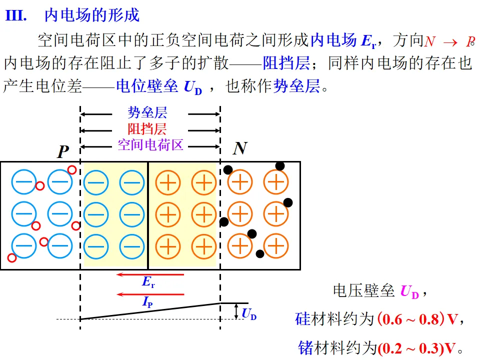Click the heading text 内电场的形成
(92, 15)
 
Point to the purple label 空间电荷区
(150, 145)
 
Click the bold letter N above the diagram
(240, 148)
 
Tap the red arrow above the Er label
(150, 274)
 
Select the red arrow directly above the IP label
(150, 294)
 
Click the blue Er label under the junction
(148, 283)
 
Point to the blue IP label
(147, 302)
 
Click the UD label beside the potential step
(249, 314)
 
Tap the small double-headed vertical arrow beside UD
(236, 311)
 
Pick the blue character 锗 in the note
(305, 348)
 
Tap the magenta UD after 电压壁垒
(409, 291)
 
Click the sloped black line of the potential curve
(150, 311)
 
